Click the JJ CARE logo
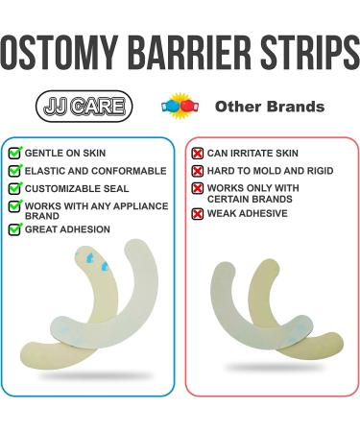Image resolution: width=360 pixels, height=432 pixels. pos(84,106)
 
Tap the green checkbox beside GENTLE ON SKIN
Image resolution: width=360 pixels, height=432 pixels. pos(14,153)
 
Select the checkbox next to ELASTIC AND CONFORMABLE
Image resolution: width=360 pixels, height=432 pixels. pos(14,171)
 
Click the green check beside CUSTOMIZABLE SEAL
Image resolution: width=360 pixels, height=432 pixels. pos(14,189)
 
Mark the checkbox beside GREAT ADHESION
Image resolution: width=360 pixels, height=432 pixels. pos(14,229)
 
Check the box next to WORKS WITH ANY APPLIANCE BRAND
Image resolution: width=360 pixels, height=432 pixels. pos(14,206)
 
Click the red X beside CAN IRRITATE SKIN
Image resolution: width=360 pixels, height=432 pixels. pos(198,154)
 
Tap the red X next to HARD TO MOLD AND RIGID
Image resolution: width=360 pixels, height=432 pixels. pos(198,171)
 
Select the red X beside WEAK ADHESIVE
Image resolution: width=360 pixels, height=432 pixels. pos(198,212)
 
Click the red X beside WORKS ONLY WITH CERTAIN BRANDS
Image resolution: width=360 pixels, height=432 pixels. pos(198,189)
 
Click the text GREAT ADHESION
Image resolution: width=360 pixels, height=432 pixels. pos(67,229)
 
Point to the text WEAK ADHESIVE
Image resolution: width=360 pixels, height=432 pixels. pos(247,212)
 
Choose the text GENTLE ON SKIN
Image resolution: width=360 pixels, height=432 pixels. pos(65,153)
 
